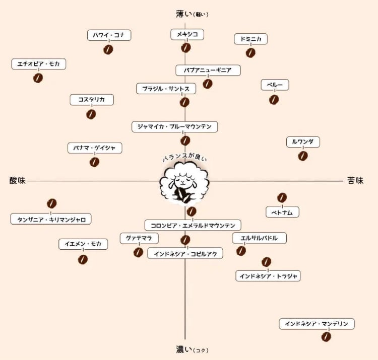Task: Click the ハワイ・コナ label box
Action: tap(109, 35)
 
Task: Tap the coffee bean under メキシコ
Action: tap(185, 48)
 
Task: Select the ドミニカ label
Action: tap(250, 39)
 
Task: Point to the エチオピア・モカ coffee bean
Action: tap(38, 78)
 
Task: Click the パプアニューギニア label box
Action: tap(208, 70)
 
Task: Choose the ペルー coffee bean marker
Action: tap(274, 100)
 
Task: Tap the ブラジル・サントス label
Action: tap(166, 89)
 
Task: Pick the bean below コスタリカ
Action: tap(91, 114)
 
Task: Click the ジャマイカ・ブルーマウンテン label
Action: tap(174, 127)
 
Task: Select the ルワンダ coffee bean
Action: tap(303, 156)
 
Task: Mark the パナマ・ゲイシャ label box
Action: tap(95, 148)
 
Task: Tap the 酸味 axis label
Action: tap(17, 180)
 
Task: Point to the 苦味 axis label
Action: tap(355, 180)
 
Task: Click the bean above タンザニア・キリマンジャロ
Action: tap(51, 203)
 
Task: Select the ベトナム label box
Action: tap(282, 212)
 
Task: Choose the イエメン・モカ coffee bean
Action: tap(83, 260)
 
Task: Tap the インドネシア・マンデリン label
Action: tap(317, 324)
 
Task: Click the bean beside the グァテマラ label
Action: tap(138, 252)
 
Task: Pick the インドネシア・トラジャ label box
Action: tap(268, 276)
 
